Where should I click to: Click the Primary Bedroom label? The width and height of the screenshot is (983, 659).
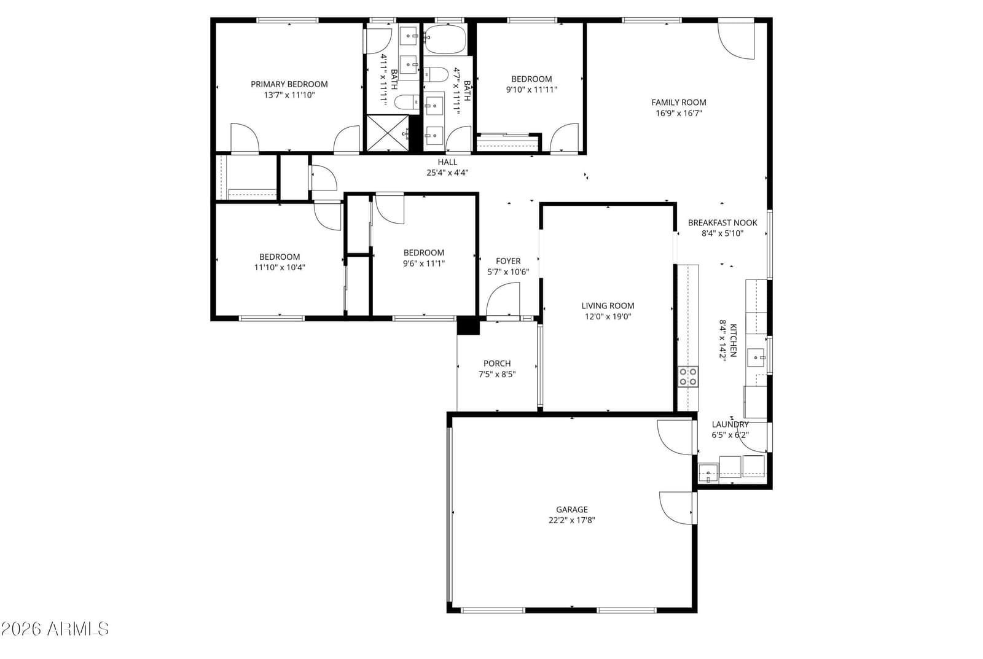(289, 84)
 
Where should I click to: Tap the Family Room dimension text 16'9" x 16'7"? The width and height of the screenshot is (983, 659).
(679, 113)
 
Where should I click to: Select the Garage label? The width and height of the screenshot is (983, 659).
(572, 509)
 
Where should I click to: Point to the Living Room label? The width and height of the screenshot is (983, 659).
(608, 306)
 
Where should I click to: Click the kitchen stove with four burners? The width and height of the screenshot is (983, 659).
(688, 377)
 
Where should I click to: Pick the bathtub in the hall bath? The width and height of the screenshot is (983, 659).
(445, 39)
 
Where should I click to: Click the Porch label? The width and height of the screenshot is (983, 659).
(497, 364)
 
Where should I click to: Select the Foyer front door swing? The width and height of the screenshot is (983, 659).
(503, 299)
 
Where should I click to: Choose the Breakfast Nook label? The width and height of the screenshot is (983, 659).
(723, 222)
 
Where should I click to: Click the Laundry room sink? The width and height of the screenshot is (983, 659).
(708, 473)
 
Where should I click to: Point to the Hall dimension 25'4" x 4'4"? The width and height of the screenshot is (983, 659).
(447, 173)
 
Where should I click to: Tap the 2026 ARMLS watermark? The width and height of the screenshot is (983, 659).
(55, 629)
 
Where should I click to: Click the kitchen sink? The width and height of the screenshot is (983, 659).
(756, 357)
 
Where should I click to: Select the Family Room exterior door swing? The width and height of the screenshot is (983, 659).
(736, 41)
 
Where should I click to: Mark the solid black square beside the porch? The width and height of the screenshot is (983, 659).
(468, 326)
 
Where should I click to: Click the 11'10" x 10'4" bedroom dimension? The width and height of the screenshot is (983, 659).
(280, 267)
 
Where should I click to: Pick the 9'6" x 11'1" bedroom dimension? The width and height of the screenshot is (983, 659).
(424, 263)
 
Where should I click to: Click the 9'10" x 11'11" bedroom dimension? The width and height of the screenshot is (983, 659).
(531, 90)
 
